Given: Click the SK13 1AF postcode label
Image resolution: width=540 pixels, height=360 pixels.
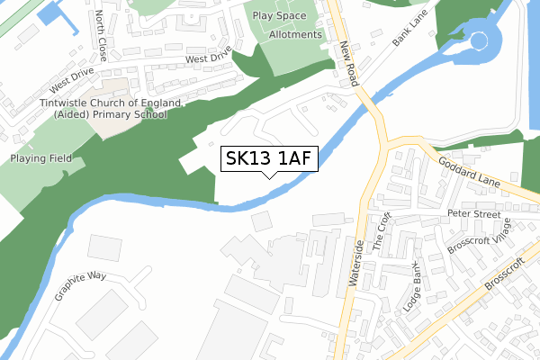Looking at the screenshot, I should pyautogui.click(x=268, y=159).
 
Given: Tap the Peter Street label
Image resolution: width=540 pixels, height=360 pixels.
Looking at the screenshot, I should pyautogui.click(x=473, y=214).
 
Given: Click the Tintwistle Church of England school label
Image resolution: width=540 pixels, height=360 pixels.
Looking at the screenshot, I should pyautogui.click(x=103, y=109).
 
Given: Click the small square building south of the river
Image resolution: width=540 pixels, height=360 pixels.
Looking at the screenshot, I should pyautogui.click(x=260, y=221).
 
